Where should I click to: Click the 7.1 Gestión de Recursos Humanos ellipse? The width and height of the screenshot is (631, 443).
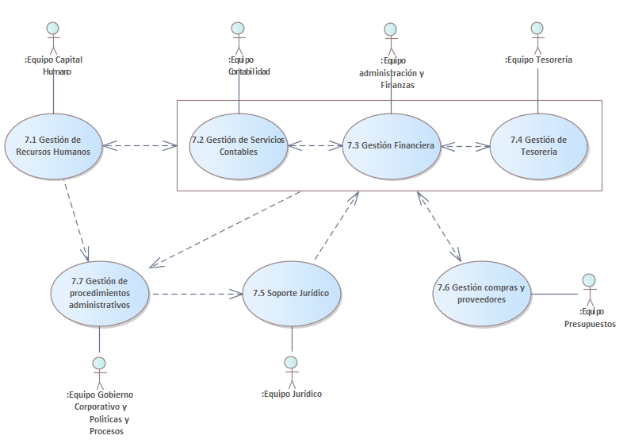(53, 145)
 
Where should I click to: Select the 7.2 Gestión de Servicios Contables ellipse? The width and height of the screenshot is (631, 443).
(238, 146)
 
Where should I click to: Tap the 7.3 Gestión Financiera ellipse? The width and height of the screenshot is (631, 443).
(390, 146)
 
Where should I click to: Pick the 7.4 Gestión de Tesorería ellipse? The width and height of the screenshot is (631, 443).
(538, 146)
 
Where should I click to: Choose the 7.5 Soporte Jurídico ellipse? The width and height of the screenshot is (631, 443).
(291, 294)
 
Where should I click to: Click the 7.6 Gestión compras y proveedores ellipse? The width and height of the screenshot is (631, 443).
(482, 294)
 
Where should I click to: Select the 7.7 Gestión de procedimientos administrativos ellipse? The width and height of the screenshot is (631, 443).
(100, 293)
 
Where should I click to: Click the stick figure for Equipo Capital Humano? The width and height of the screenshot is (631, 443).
(53, 37)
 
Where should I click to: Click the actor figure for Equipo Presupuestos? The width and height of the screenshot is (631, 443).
(588, 291)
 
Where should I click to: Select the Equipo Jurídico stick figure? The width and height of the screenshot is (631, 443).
(291, 370)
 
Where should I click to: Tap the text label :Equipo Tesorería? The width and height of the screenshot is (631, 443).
(538, 60)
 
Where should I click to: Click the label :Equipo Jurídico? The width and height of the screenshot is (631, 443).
(292, 394)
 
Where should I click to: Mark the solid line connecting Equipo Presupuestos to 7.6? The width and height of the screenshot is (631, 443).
(555, 295)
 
